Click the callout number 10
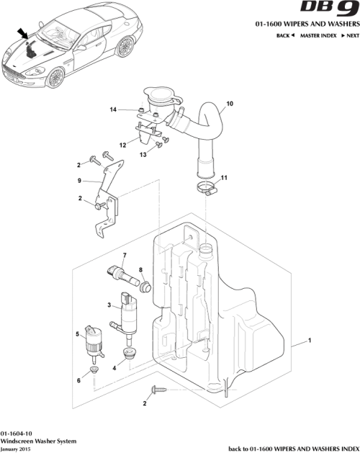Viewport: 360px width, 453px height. [230, 104]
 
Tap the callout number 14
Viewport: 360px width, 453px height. [113, 109]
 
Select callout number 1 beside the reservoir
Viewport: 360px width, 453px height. [310, 339]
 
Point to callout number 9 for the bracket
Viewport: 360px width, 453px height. [80, 180]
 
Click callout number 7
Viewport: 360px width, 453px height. [124, 256]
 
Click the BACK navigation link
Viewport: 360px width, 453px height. [286, 35]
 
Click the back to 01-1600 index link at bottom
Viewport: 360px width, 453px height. [293, 447]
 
